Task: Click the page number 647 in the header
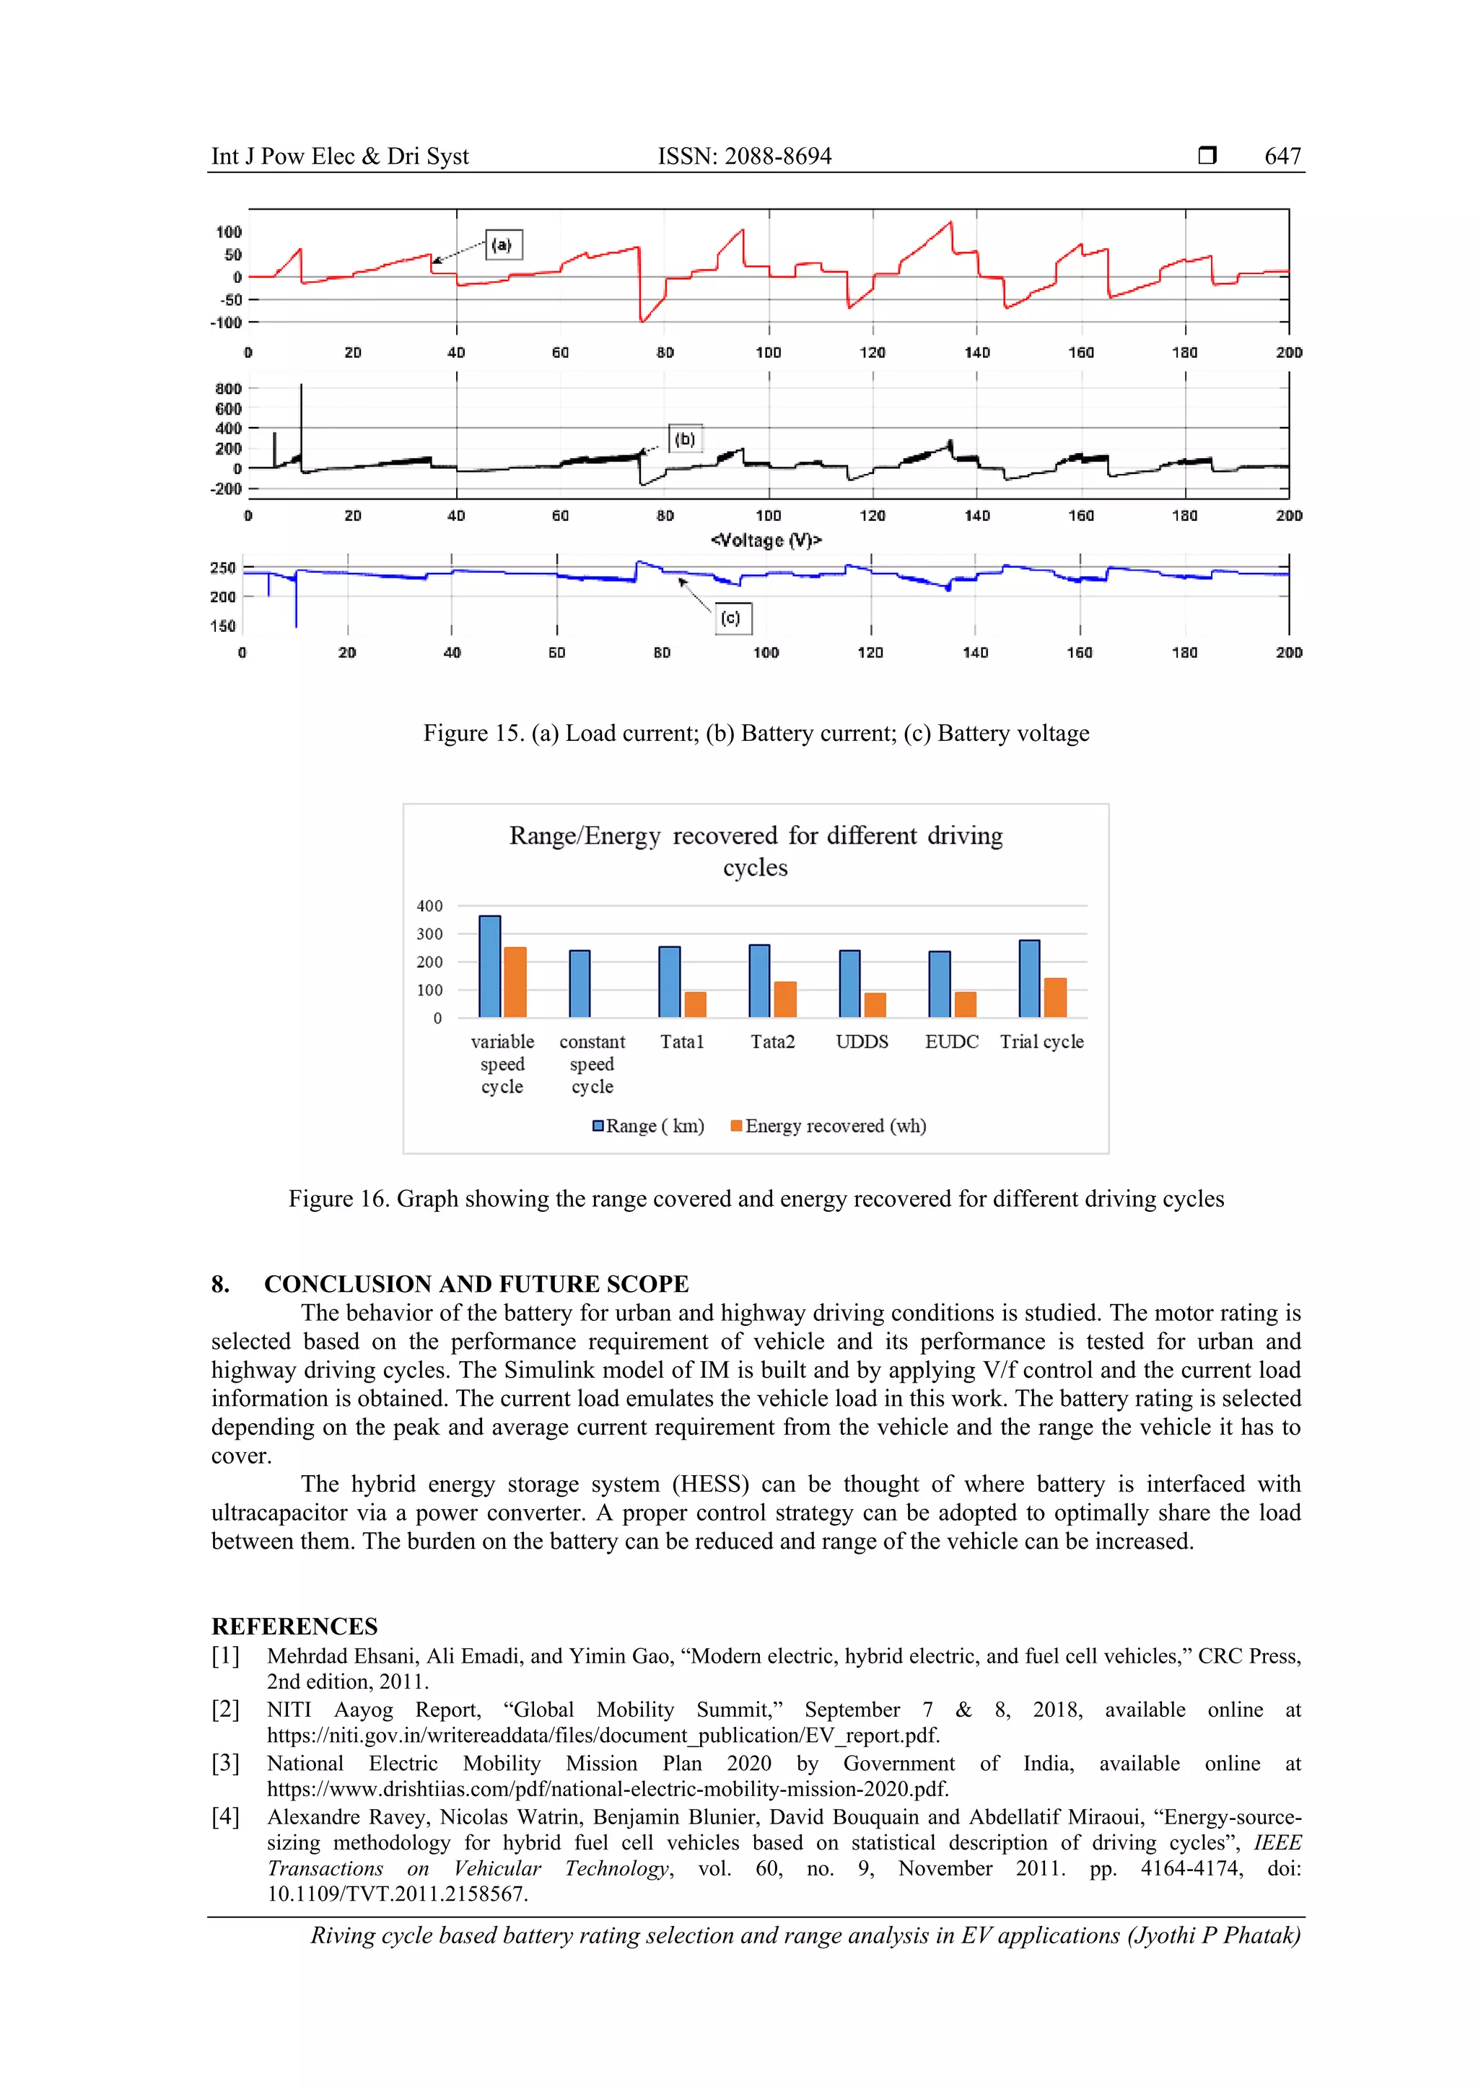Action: (x=1282, y=157)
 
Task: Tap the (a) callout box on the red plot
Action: (x=503, y=245)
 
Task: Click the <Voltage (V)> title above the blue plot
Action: (x=766, y=540)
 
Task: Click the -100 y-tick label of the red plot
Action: (x=227, y=323)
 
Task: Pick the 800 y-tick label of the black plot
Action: (x=229, y=390)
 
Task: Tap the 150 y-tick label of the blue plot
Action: (x=223, y=626)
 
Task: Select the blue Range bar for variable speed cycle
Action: (x=489, y=967)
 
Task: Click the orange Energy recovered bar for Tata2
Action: (x=784, y=999)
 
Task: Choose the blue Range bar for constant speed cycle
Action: (x=580, y=983)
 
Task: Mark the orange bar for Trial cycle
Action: (x=1055, y=997)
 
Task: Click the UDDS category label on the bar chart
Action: (x=862, y=1042)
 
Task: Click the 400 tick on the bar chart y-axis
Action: (x=429, y=906)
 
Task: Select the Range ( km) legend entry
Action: (x=648, y=1127)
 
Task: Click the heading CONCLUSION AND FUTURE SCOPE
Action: (x=476, y=1284)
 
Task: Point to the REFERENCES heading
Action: (x=294, y=1626)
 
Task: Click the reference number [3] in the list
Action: (x=226, y=1763)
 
